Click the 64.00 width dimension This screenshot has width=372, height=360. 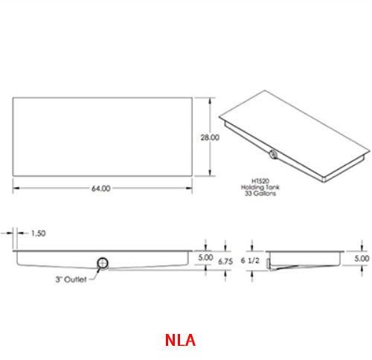coord(102,189)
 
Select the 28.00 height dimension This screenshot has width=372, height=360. coord(210,137)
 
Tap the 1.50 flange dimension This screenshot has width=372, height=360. coord(39,233)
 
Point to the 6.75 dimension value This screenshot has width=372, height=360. coord(226,262)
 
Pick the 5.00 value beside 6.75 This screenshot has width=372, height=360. coord(206,257)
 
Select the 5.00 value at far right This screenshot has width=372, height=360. coord(361,257)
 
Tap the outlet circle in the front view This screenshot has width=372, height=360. coord(102,262)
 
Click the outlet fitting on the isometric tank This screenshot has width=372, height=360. coord(273,155)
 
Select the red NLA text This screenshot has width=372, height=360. coord(179,341)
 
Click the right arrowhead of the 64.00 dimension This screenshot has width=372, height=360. coord(190,189)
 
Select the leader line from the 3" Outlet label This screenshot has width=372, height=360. coord(95,277)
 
